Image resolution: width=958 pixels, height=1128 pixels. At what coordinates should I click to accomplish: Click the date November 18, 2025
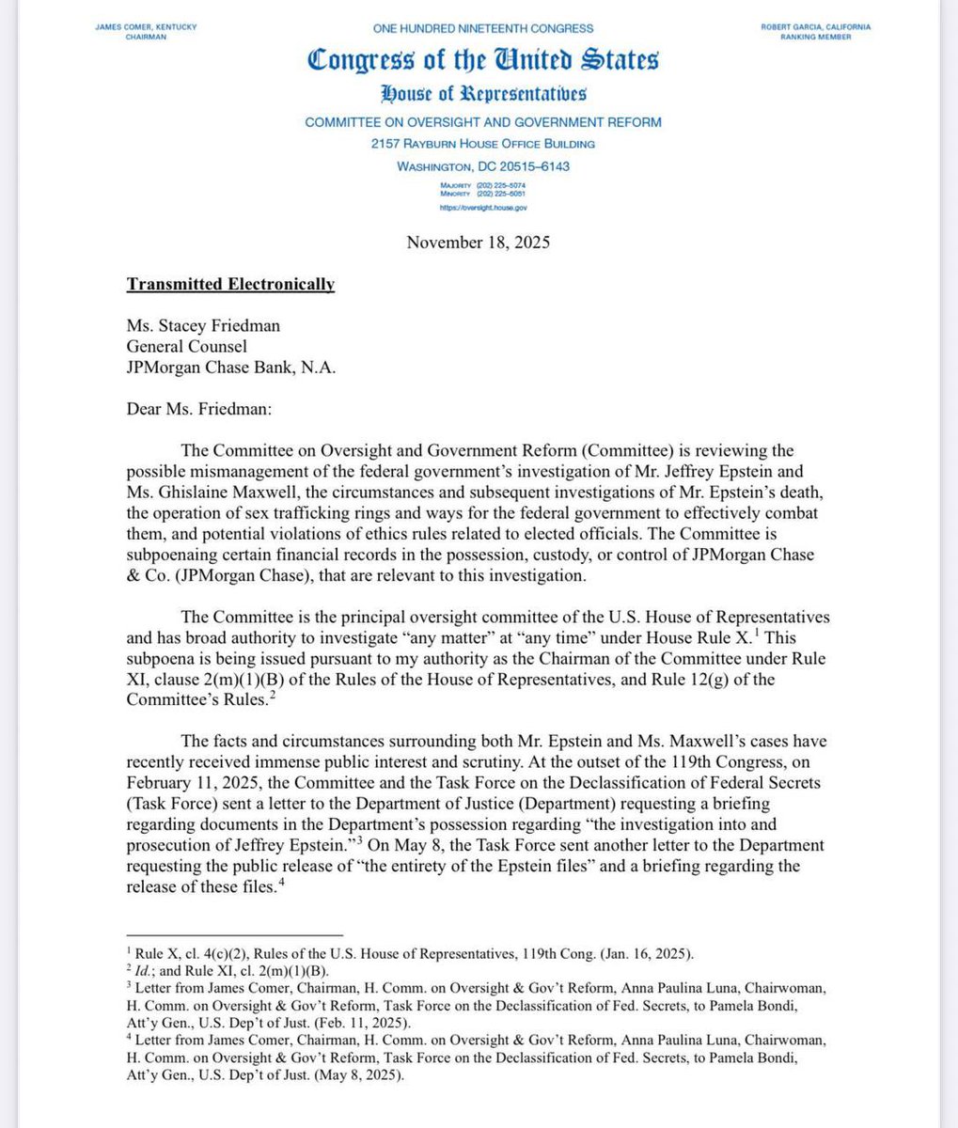pos(478,243)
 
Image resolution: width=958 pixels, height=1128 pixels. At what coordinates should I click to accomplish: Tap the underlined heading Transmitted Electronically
pos(230,285)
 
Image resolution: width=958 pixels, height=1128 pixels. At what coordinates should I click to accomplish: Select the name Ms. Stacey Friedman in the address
pos(203,326)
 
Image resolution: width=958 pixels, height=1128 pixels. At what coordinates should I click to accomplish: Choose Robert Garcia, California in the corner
pos(815,27)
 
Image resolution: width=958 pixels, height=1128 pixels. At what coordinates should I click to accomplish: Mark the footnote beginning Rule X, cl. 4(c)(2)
pos(414,954)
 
